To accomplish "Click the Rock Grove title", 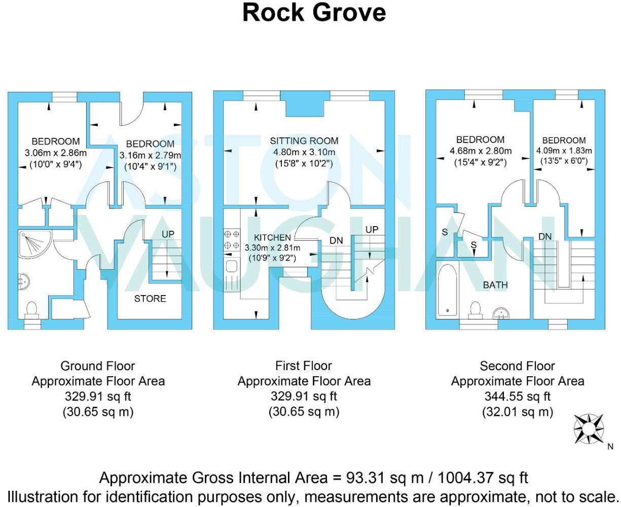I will coord(314,13).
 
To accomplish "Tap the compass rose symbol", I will coord(589,428).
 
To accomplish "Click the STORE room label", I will coord(150,299).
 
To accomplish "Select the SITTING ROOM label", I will coord(304,141).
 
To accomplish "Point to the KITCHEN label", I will coord(272,238).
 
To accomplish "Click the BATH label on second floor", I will coord(495,285).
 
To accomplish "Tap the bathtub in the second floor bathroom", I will coord(448,289).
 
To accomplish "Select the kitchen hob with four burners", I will coord(232,240).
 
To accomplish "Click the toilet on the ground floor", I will coord(32,309).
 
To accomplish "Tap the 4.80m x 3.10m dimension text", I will coord(304,152).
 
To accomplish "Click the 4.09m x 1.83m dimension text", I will coord(564,151).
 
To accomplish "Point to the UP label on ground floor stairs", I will coord(168,234).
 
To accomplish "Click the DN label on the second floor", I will coord(545,237).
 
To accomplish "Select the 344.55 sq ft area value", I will coord(517,396).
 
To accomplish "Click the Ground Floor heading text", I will coord(98,366).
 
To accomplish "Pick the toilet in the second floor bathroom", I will coord(476,309).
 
